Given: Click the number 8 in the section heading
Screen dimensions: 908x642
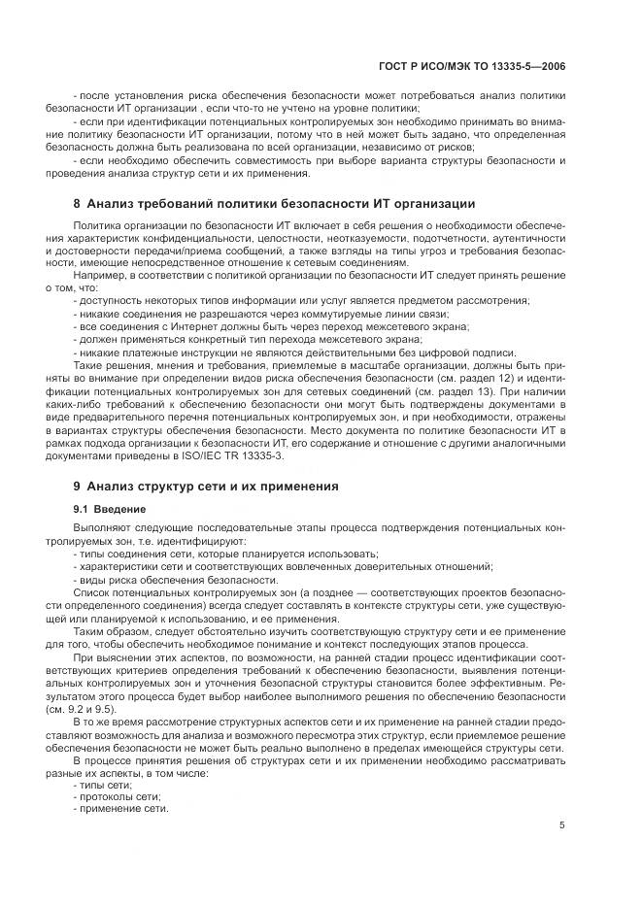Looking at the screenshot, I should (77, 203).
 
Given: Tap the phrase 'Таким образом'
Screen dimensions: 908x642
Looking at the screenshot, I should (110, 631).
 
